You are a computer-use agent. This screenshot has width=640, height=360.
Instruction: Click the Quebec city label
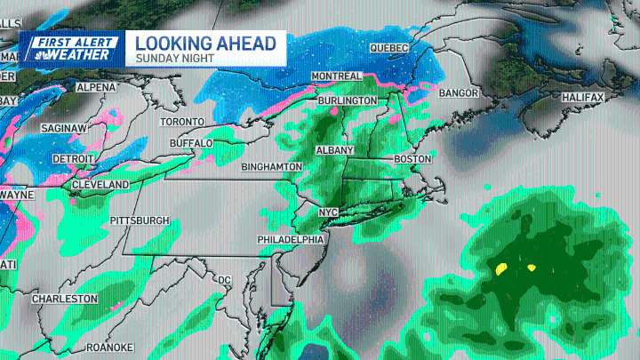point(388,47)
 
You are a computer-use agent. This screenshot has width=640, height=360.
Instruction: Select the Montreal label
point(336,77)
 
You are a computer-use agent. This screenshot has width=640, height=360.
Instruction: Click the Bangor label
point(459,93)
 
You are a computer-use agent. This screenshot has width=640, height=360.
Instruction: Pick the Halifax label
point(582,97)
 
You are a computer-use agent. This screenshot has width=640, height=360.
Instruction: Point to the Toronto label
point(181,122)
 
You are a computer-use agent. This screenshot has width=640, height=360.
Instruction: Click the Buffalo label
point(191,143)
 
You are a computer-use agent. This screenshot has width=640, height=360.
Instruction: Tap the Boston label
point(412,159)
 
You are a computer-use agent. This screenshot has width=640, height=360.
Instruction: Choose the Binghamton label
point(271,166)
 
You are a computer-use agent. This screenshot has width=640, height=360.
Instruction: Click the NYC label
point(329,212)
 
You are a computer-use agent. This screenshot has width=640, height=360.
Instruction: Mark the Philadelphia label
point(289,241)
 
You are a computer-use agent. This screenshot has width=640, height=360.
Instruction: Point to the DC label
point(224,281)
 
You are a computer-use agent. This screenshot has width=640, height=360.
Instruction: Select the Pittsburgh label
point(140,220)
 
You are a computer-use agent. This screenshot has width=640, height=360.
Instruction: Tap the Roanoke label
point(109,348)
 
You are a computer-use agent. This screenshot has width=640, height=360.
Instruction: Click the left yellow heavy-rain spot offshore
point(501,267)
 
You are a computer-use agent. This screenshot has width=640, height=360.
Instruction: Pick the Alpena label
point(96,88)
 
